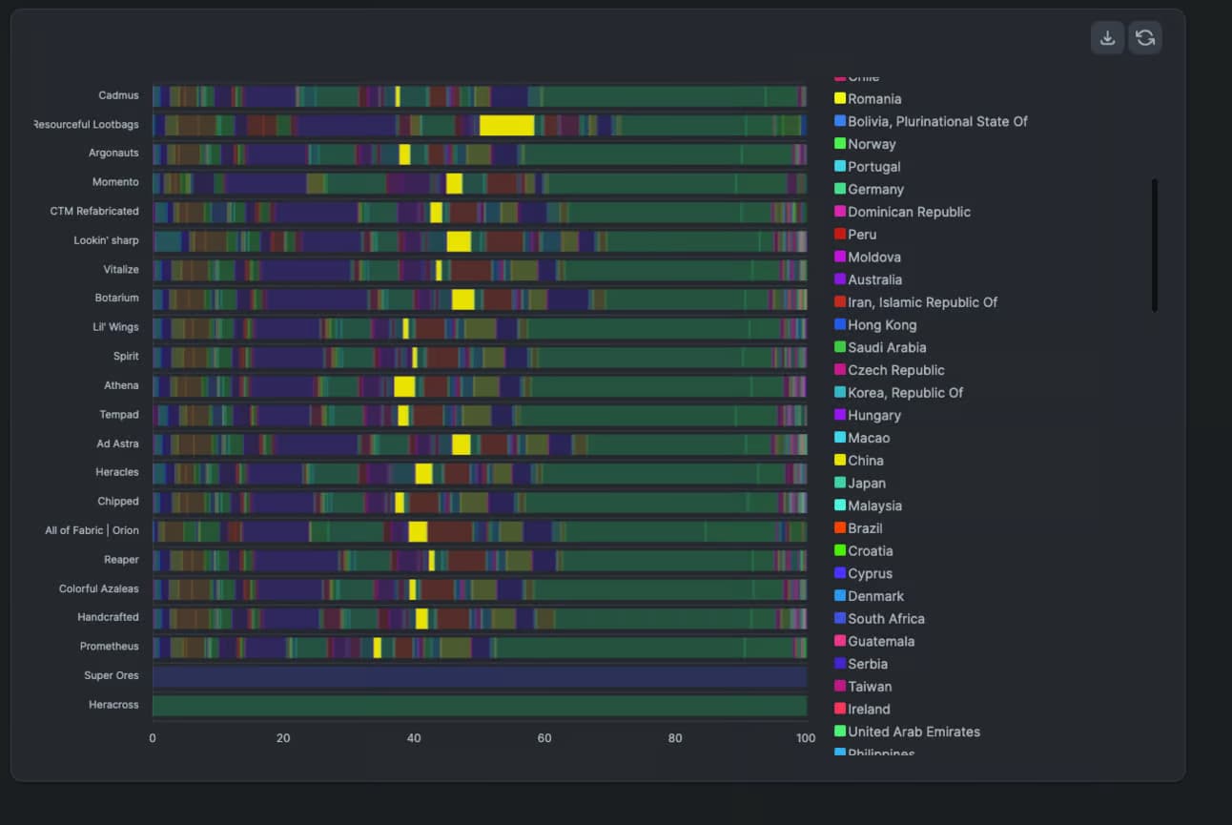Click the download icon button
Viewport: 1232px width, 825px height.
tap(1107, 38)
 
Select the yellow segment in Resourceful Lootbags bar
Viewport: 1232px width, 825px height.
tap(506, 125)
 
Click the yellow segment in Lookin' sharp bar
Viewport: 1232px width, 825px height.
tap(459, 241)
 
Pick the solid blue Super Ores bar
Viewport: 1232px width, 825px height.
tap(480, 676)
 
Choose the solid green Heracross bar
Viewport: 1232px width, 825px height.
tap(480, 706)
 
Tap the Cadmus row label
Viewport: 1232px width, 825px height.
tap(118, 95)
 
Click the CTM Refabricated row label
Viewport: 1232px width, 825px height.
tap(94, 211)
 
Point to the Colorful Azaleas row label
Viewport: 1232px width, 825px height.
tap(98, 588)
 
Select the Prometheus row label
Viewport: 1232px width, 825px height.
tap(109, 647)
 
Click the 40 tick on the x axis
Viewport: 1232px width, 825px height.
tap(414, 738)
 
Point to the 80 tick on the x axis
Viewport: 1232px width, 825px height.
tap(675, 738)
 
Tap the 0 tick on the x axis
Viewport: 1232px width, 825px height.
tap(153, 738)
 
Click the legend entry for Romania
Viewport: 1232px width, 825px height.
tap(874, 99)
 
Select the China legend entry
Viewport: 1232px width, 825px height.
tap(865, 461)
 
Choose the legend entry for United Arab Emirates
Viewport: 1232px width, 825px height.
tap(914, 732)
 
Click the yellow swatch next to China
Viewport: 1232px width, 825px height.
tap(840, 461)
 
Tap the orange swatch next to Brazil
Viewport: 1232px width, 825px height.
tap(840, 528)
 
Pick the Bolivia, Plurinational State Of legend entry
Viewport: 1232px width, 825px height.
tap(937, 121)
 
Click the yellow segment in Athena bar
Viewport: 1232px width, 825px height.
tap(404, 386)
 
